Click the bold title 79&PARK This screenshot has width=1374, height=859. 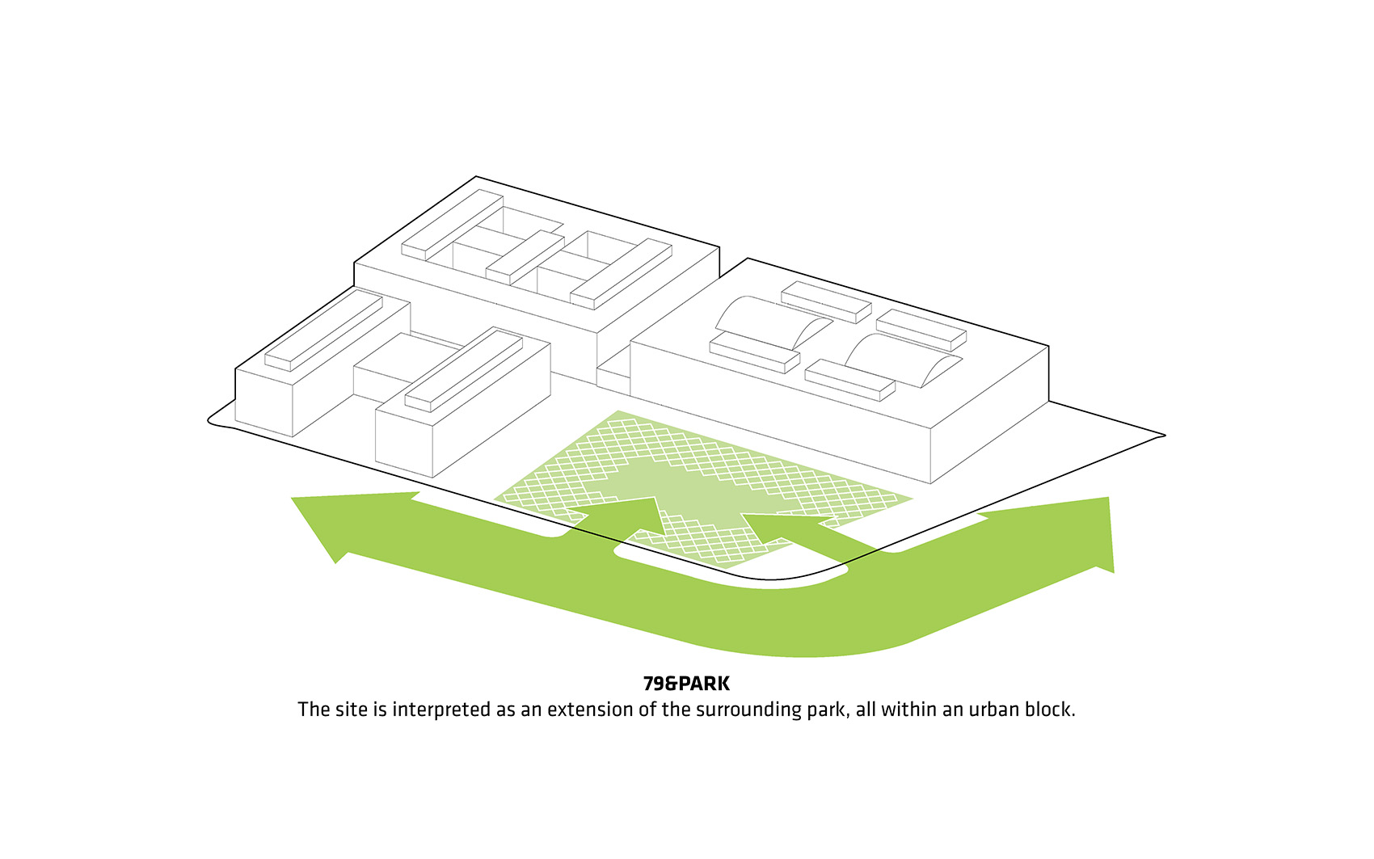(686, 683)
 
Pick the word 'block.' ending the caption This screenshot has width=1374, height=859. (1049, 710)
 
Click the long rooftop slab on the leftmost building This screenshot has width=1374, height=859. (324, 330)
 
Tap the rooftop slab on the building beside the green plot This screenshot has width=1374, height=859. (464, 369)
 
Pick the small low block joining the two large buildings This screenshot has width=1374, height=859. (613, 371)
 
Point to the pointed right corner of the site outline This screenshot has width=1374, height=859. (1164, 436)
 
